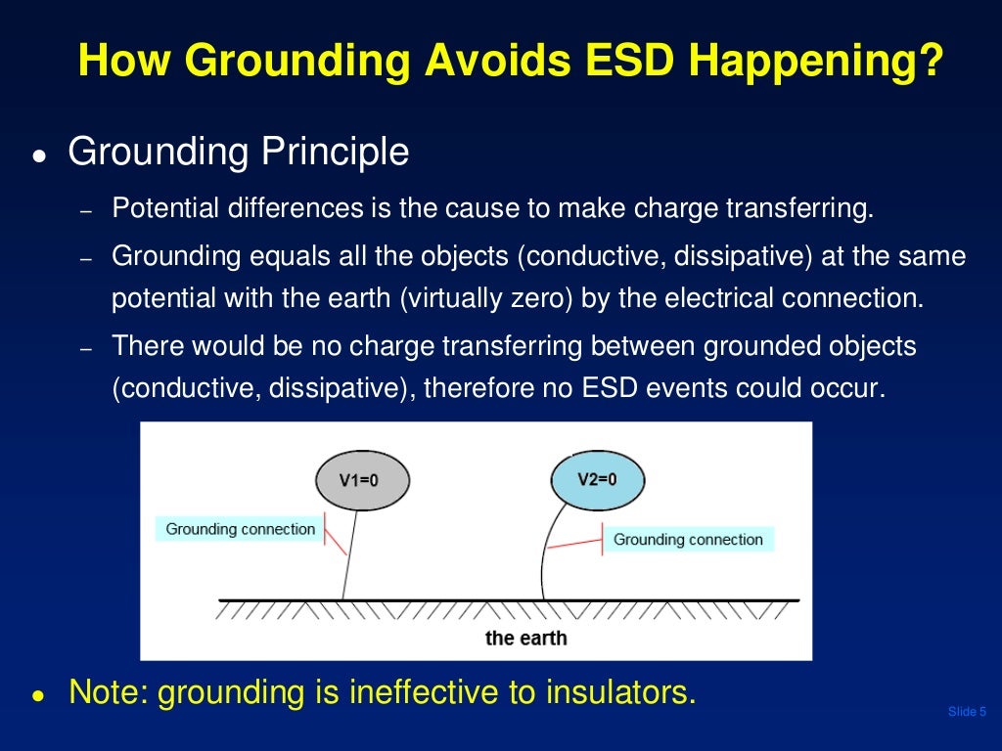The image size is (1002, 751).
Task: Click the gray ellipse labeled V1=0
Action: pos(362,480)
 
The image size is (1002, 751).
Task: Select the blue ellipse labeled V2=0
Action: pos(598,479)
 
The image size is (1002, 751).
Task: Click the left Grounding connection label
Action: pos(240,529)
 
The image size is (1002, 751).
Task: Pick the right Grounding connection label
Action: pos(688,539)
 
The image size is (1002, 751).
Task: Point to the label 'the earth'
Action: pos(525,638)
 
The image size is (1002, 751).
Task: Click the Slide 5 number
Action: pos(967,711)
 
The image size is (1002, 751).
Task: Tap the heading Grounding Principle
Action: pos(238,152)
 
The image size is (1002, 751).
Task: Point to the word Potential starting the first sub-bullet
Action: pos(160,209)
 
